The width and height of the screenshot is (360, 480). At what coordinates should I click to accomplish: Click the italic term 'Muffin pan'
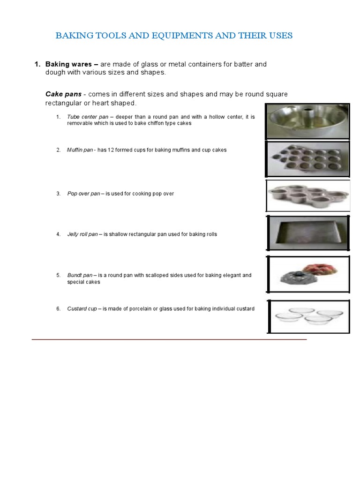(x=80, y=150)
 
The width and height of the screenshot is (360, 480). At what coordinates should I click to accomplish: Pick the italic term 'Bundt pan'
(x=80, y=275)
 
